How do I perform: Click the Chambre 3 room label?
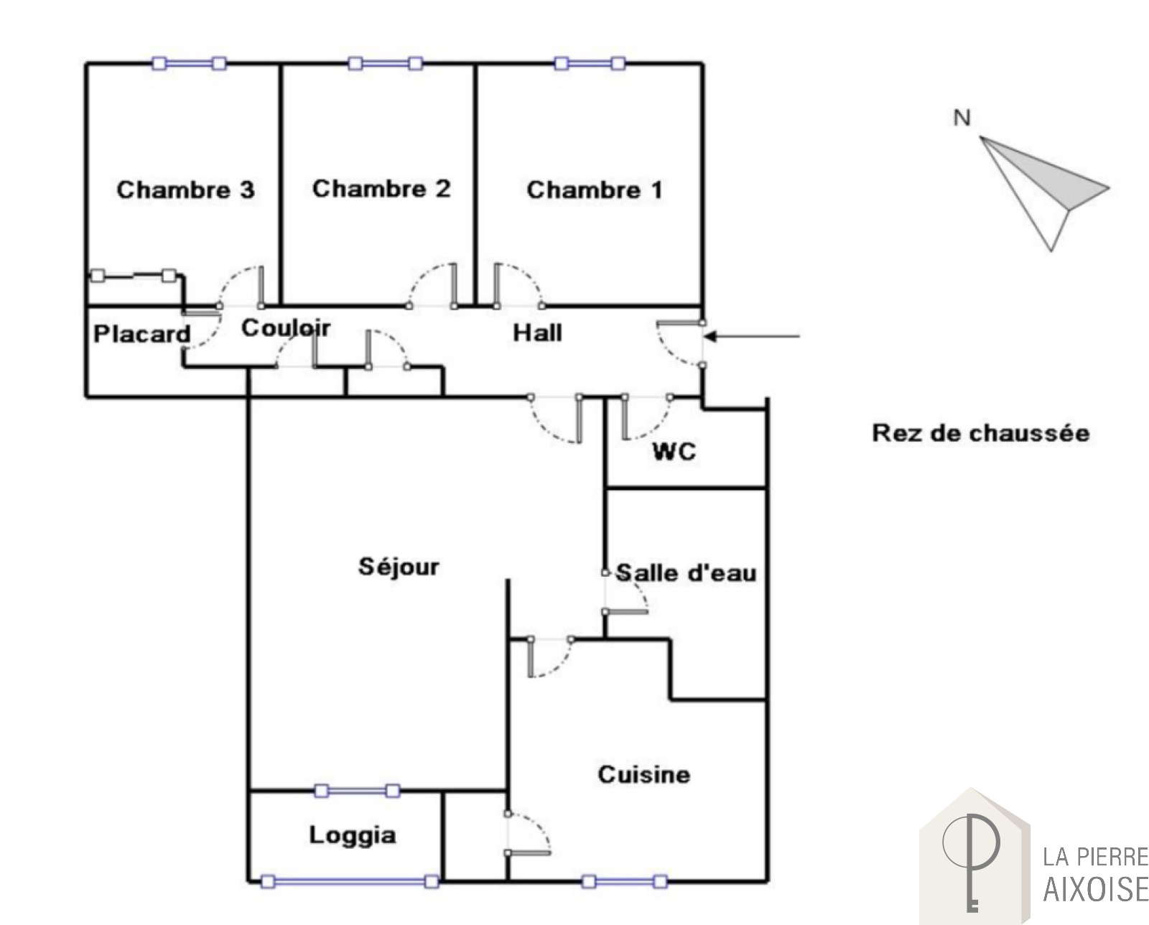click(186, 190)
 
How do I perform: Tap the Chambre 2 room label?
click(381, 189)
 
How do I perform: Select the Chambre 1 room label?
click(595, 190)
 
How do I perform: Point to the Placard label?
click(142, 335)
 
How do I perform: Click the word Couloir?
click(286, 328)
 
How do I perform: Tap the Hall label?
click(537, 333)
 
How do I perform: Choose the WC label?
click(674, 452)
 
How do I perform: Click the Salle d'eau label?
click(686, 573)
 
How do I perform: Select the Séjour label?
click(399, 567)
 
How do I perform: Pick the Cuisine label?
click(644, 775)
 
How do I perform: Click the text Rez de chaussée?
click(981, 433)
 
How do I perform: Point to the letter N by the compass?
click(962, 118)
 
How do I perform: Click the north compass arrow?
click(1045, 193)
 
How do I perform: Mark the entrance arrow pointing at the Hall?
click(751, 336)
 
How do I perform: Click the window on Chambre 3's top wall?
click(189, 63)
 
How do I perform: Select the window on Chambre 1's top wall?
click(590, 63)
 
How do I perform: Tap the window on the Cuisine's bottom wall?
click(625, 882)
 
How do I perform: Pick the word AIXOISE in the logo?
click(1096, 889)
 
